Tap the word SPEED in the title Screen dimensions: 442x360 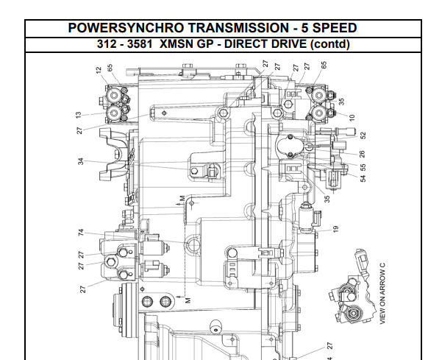335,28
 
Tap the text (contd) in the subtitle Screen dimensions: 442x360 329,45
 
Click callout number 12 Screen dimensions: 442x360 99,70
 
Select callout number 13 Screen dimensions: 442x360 78,115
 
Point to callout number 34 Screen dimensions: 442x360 81,161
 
